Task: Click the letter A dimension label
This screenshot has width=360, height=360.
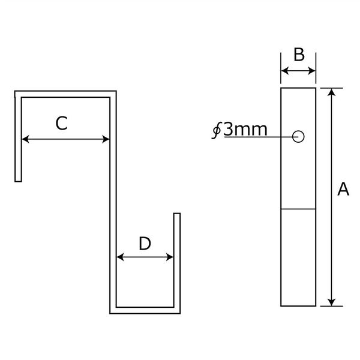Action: click(343, 189)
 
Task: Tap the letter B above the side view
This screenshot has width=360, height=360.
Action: click(299, 55)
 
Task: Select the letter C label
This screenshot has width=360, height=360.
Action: click(62, 123)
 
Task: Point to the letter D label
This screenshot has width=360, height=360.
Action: click(145, 244)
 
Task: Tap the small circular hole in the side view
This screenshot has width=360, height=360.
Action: click(298, 137)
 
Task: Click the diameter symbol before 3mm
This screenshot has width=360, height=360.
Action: click(216, 131)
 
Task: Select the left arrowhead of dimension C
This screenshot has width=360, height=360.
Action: click(25, 139)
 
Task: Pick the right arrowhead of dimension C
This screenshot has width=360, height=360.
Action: click(106, 139)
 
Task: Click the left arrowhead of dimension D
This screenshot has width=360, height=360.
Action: click(120, 257)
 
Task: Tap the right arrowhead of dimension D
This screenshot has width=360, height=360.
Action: click(170, 257)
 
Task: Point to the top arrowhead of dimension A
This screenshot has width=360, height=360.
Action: click(332, 92)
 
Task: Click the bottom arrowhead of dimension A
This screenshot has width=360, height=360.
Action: click(332, 302)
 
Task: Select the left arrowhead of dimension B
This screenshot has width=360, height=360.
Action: click(284, 71)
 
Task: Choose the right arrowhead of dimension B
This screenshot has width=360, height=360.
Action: click(312, 71)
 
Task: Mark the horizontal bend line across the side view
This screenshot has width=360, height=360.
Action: click(298, 209)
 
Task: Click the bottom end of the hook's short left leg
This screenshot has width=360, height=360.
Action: click(18, 181)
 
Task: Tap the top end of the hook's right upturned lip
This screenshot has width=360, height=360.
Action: click(177, 214)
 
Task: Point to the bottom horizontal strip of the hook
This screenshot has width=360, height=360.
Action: click(145, 310)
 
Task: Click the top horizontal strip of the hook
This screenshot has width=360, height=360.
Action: click(65, 94)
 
